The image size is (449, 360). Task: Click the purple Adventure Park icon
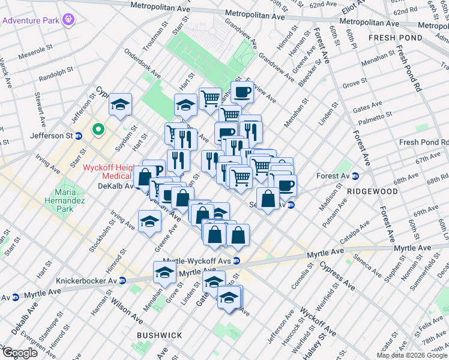pyautogui.click(x=69, y=20)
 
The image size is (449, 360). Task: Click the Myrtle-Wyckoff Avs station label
pyautogui.click(x=200, y=260)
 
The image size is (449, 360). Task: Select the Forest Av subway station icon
pyautogui.click(x=355, y=176)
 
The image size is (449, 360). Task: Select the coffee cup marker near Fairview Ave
pyautogui.click(x=242, y=93)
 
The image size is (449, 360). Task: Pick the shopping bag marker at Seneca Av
pyautogui.click(x=268, y=197)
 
